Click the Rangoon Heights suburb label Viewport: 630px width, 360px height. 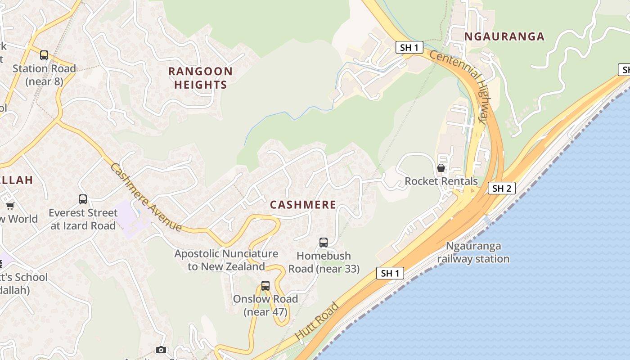200,78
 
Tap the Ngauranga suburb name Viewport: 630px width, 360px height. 504,36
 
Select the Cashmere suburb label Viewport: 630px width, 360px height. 303,205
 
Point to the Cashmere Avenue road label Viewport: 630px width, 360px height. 146,197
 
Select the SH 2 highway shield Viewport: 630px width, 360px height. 501,188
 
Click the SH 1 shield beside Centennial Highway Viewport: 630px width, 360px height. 409,47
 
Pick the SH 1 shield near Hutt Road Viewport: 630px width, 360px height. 390,273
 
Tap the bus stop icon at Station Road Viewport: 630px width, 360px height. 44,55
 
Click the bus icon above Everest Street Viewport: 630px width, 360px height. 83,199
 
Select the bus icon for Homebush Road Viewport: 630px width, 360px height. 324,243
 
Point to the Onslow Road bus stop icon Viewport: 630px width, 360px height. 265,286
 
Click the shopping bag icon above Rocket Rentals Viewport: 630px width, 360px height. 441,168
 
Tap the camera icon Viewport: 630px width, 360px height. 161,350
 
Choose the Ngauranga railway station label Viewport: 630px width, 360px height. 473,252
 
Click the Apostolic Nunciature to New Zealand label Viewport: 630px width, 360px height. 226,260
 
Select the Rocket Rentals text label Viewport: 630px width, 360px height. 441,181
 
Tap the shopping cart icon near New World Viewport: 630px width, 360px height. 10,206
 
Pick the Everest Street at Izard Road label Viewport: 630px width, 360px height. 83,219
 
